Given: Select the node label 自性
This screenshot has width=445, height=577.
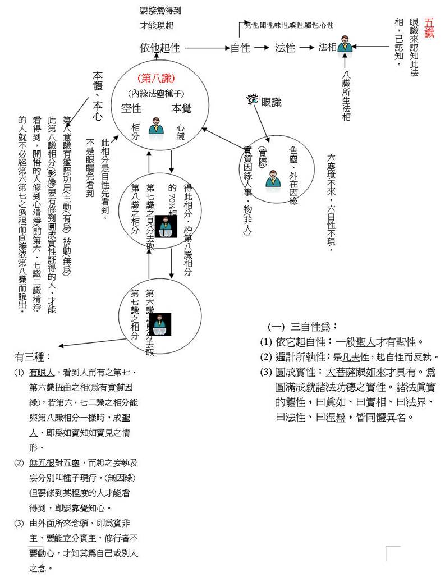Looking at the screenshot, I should tap(240, 48).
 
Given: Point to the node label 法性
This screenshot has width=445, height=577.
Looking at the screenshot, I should tap(285, 48).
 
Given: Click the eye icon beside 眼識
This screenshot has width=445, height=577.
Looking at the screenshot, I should tap(253, 100).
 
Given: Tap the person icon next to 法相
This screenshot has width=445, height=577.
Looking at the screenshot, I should tap(345, 45).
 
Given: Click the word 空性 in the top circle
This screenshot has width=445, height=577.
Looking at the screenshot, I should tap(131, 109).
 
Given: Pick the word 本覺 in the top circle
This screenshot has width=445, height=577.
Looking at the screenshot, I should tap(181, 109).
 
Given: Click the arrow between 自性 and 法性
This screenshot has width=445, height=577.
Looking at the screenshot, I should tap(262, 48).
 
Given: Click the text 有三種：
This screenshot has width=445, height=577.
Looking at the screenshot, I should tap(33, 357).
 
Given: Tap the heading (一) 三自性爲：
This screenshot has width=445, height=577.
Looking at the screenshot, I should tap(302, 327).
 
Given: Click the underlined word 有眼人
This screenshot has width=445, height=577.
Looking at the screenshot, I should tap(43, 373).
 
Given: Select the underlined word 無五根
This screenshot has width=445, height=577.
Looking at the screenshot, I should tap(43, 464).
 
